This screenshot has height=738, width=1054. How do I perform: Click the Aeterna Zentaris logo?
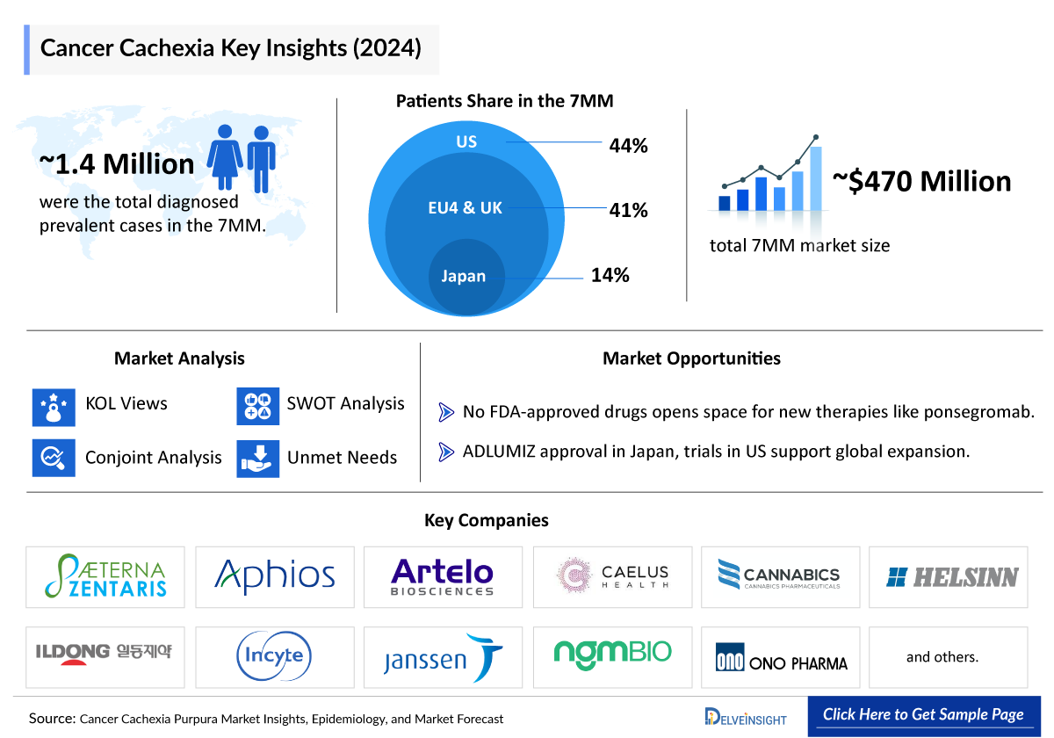(105, 576)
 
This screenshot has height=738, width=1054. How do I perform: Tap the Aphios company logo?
(275, 576)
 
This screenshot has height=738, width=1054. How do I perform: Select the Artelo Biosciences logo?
(443, 576)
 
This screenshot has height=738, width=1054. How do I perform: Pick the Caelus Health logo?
(612, 576)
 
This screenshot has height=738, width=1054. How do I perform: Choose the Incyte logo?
(275, 656)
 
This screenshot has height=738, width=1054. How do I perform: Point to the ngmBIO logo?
(612, 652)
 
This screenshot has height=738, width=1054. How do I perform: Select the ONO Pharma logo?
(781, 657)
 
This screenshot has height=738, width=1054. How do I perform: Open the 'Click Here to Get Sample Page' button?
(923, 714)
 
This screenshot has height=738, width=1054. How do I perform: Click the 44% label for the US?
(628, 146)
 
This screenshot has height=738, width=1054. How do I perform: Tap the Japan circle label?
(463, 276)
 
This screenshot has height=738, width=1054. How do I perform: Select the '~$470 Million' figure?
(921, 181)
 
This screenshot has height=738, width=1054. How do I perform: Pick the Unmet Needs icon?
(258, 459)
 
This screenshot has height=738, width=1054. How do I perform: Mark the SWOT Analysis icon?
(258, 406)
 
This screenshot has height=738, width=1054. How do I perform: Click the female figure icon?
(226, 156)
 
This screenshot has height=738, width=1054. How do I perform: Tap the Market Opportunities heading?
(691, 358)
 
